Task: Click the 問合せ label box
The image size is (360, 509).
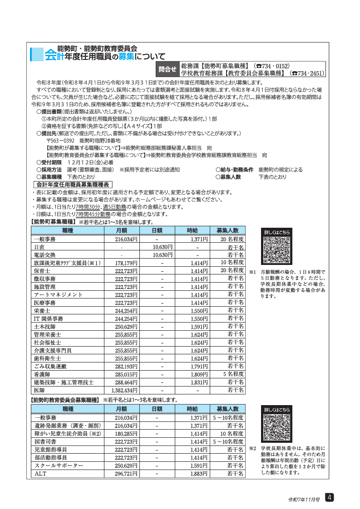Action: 167,69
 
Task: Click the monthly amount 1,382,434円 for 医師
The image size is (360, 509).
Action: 124,390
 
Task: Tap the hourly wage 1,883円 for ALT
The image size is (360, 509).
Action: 198,474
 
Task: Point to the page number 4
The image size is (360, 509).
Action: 330,498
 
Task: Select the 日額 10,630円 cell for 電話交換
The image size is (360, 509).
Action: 162,254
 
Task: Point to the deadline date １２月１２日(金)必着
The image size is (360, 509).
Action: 90,162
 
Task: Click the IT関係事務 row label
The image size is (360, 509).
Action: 49,318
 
